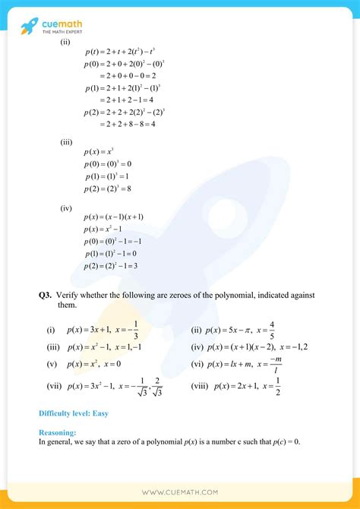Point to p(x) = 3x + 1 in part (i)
(90, 330)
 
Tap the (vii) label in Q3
(53, 385)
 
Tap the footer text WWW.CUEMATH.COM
(180, 491)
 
